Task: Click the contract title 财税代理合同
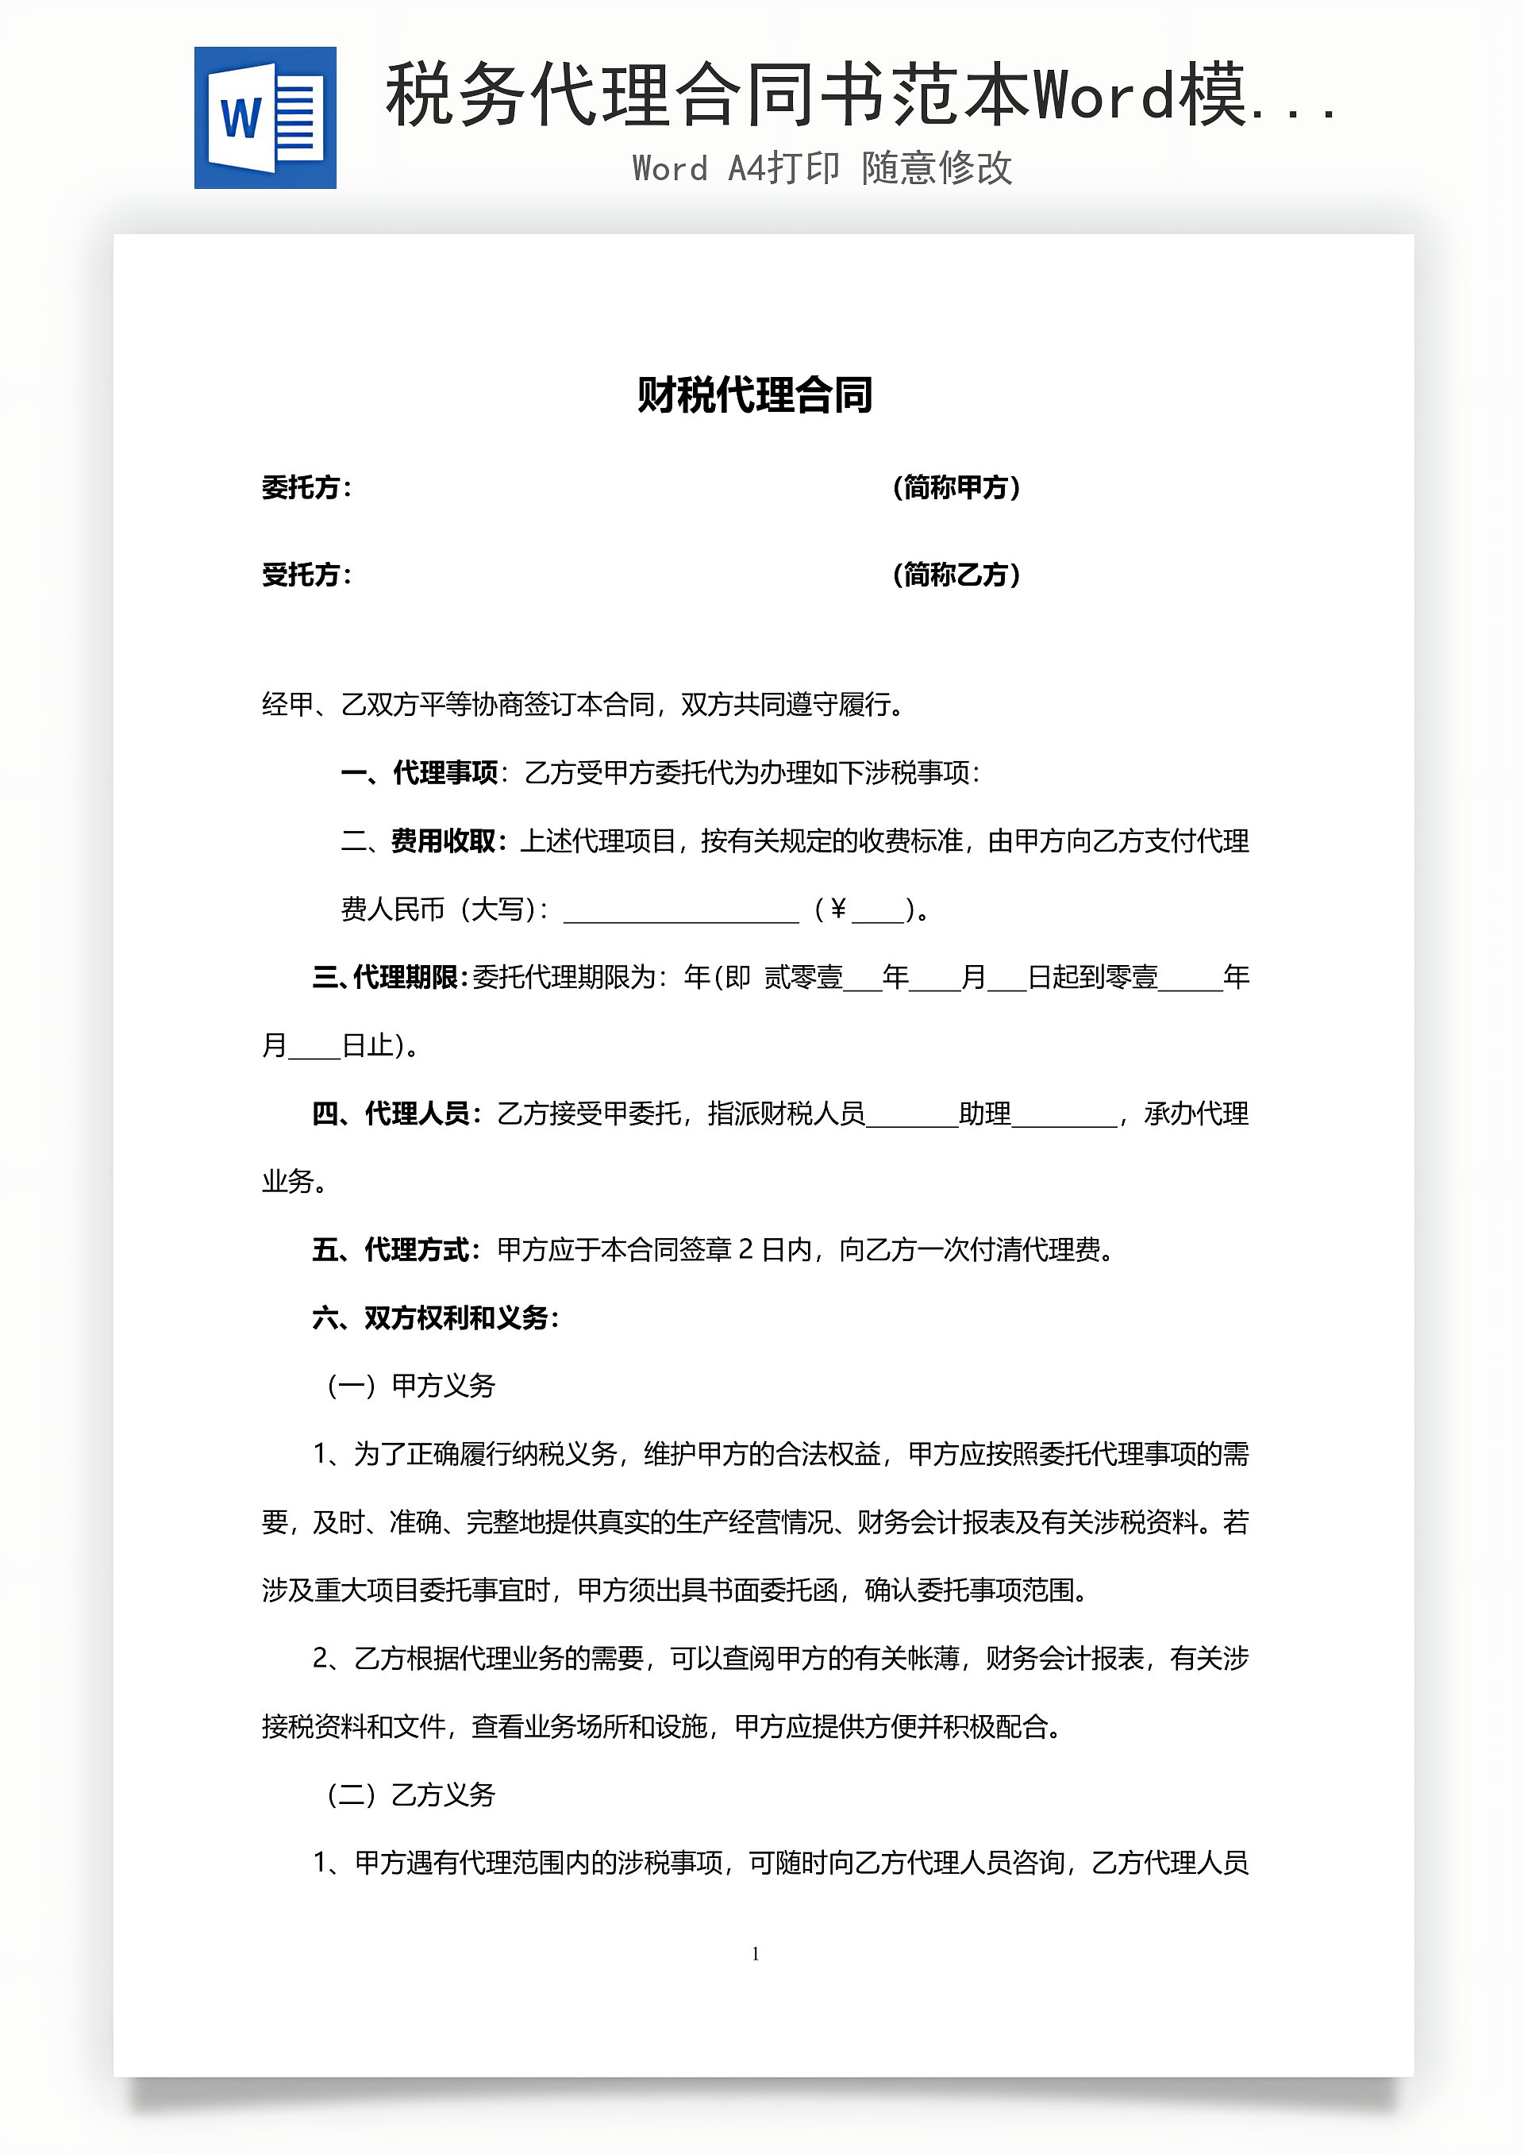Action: pos(755,395)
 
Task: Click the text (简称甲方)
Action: pos(956,488)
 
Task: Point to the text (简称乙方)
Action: pos(956,574)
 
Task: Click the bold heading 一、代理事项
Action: pos(419,773)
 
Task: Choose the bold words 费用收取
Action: pos(443,841)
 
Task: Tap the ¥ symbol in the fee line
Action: pos(838,908)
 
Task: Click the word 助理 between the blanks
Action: pos(984,1114)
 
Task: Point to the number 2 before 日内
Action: pos(746,1249)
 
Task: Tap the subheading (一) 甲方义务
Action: pos(411,1386)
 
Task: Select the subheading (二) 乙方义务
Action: pos(411,1794)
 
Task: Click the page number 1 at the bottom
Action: pos(756,1953)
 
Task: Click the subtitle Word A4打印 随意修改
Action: pos(822,169)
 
